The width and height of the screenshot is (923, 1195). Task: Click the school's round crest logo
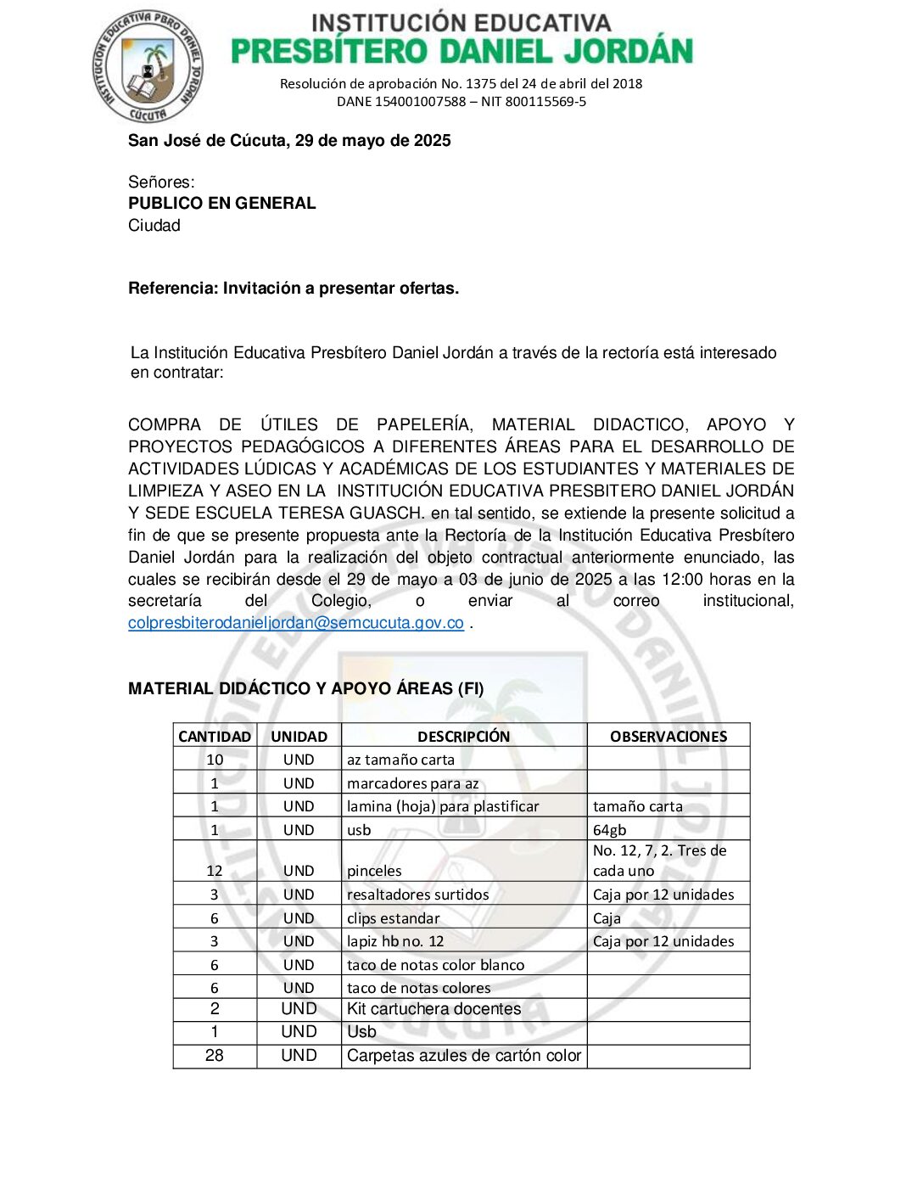coord(148,67)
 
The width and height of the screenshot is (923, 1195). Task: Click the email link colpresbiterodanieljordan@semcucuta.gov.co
coord(295,623)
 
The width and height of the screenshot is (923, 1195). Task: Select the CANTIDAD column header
coord(215,737)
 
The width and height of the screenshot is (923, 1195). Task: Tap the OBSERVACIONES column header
coord(668,737)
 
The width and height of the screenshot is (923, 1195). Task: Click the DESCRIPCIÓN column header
coord(463,737)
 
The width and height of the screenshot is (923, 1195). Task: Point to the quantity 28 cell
coord(215,1056)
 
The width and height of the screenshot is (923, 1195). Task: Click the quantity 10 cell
coord(215,760)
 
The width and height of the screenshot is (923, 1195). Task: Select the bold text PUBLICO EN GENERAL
coord(221,204)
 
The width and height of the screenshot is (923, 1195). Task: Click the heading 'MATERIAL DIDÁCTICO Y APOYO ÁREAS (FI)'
coord(305,689)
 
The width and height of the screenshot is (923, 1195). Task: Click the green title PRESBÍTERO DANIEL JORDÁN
coord(461,52)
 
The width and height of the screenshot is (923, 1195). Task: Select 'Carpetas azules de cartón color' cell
coord(463,1056)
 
